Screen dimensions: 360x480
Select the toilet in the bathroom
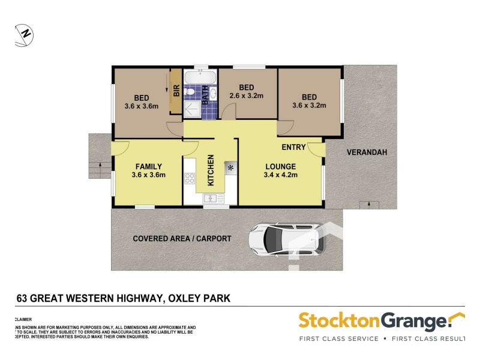(190, 92)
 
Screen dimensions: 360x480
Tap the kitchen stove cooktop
(190, 178)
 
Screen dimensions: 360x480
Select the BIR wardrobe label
(176, 91)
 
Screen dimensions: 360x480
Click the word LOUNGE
(280, 167)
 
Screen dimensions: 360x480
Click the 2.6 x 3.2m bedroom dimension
(247, 95)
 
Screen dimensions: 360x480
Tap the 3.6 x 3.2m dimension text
(309, 106)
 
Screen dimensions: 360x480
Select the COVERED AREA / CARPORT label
(182, 239)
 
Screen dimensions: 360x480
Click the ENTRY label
(294, 147)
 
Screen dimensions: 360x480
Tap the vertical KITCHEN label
(211, 171)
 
